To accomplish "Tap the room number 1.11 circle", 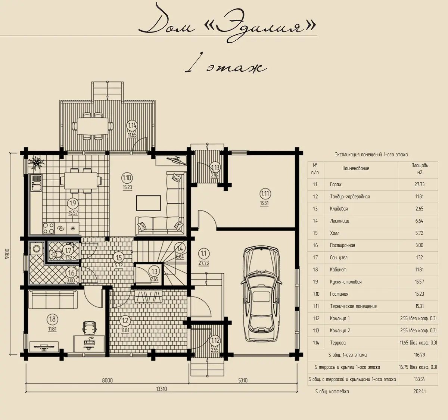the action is click(x=265, y=194).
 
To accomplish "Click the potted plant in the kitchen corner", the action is click(x=36, y=163).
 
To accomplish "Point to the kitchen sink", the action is click(x=36, y=183).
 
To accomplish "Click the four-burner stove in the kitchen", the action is click(x=49, y=228).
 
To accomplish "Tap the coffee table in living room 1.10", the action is click(x=149, y=203).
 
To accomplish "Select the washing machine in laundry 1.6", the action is click(x=36, y=249).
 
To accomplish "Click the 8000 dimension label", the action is click(x=108, y=380).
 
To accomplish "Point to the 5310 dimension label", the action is click(x=243, y=380).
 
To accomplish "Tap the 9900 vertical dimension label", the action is click(x=7, y=254).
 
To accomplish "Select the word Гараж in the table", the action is click(x=336, y=184).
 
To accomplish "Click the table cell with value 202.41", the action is click(x=419, y=392).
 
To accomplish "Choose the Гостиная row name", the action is click(x=339, y=294).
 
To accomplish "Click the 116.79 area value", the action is click(x=419, y=355).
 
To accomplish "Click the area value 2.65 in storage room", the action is click(x=155, y=279).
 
